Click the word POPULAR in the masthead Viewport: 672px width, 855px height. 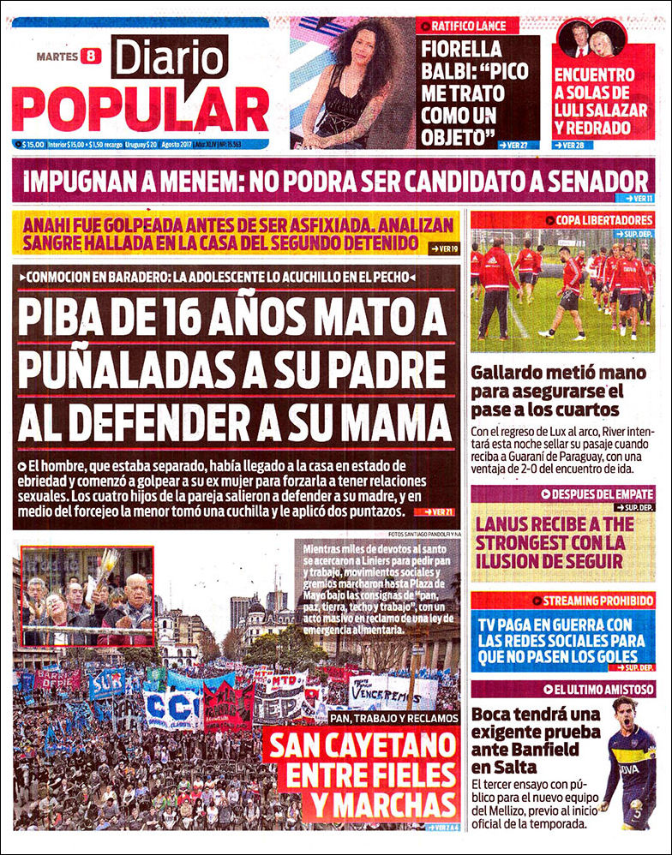(140, 110)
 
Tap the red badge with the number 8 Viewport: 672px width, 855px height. (91, 57)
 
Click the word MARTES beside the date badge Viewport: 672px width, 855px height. (57, 57)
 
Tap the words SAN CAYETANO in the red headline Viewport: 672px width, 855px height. (361, 746)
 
